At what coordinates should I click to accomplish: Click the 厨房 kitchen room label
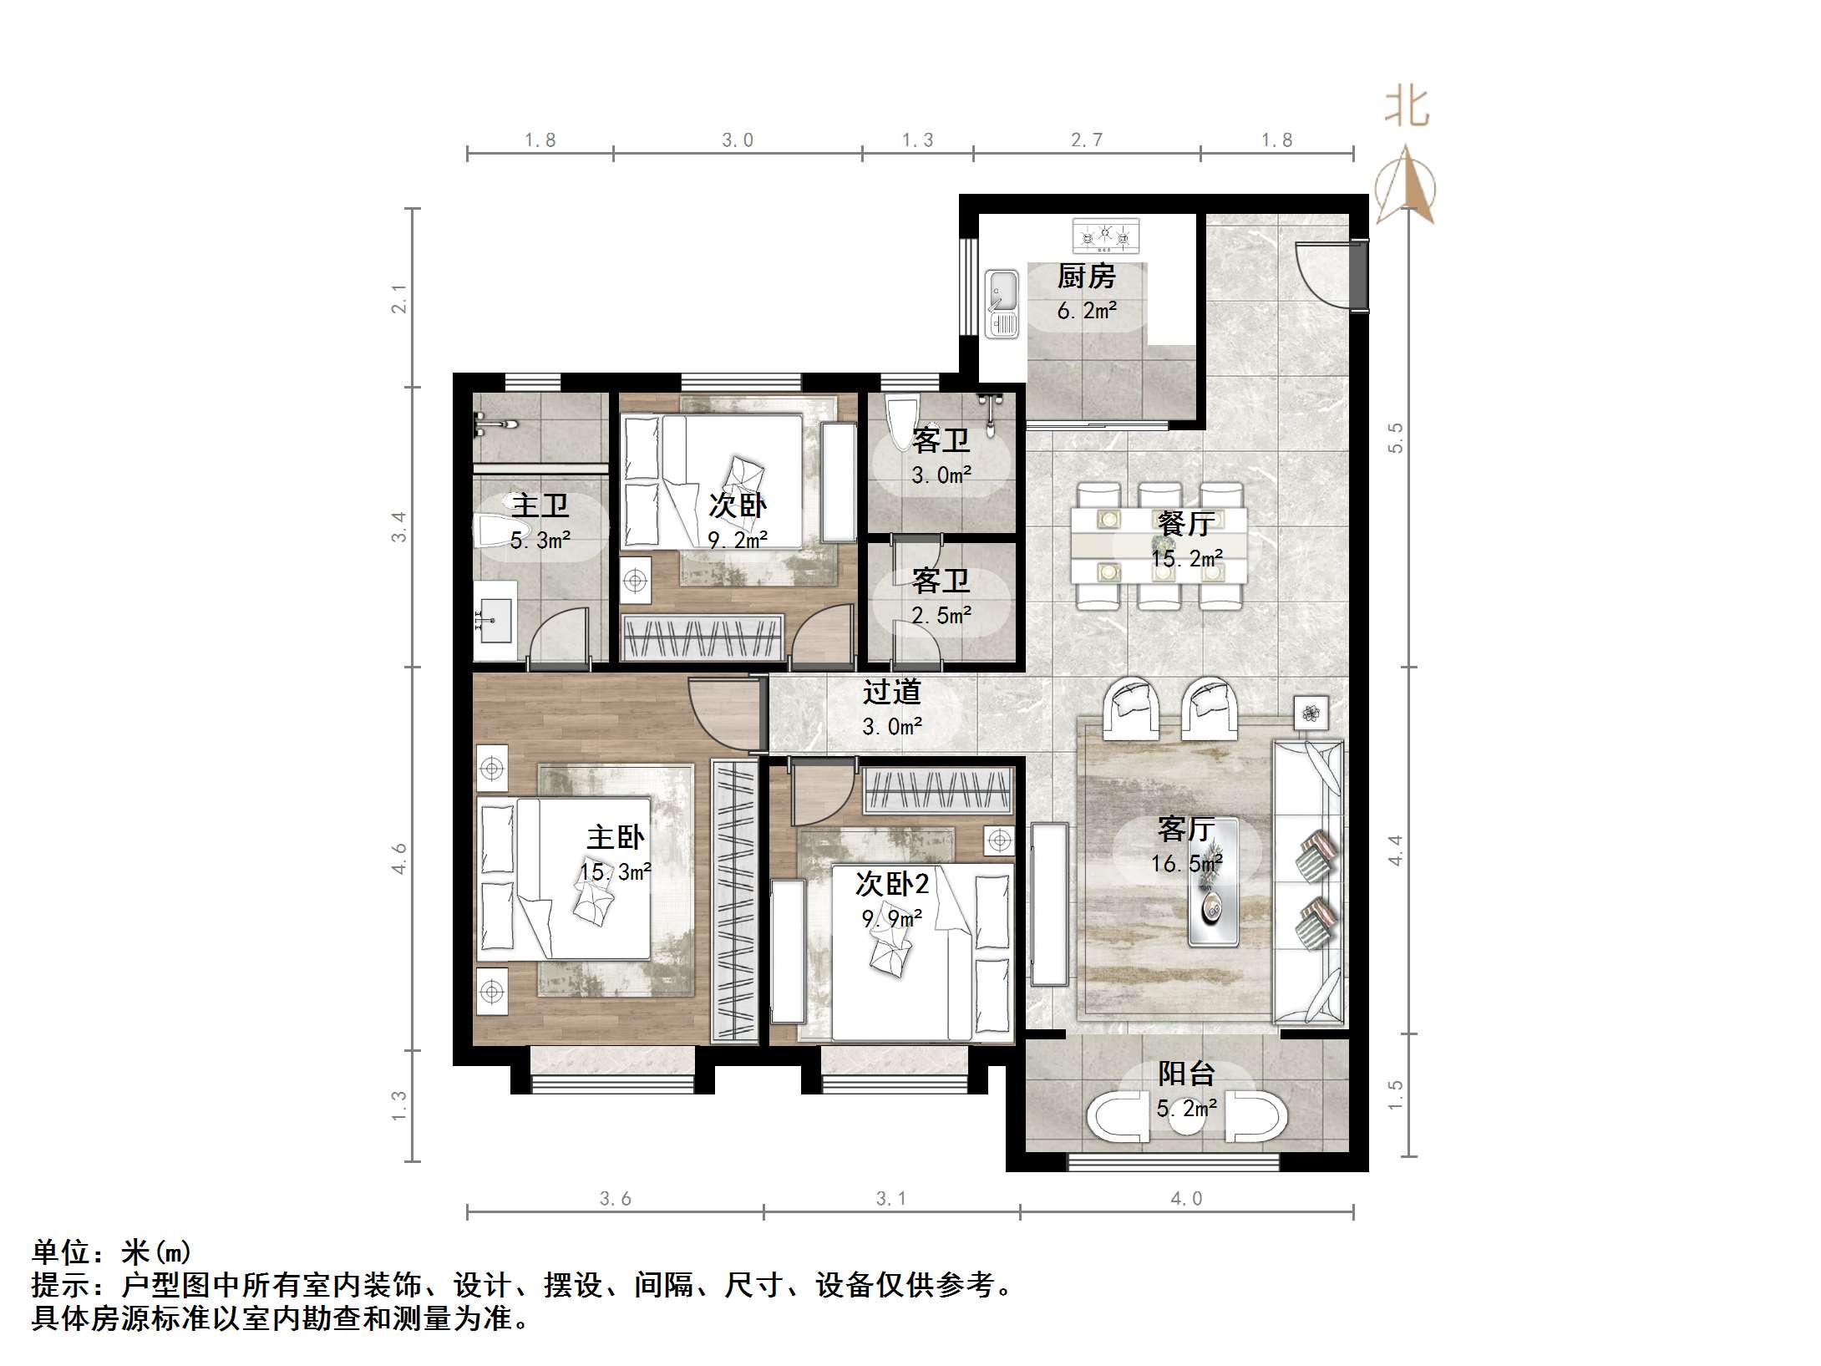(1086, 276)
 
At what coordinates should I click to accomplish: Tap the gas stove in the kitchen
(1106, 236)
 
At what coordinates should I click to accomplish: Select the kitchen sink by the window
(1002, 303)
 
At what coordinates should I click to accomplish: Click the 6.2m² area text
(1086, 311)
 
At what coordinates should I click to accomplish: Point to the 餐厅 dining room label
(1186, 524)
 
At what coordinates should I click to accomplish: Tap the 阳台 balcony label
(1186, 1074)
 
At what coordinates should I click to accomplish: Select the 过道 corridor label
(891, 692)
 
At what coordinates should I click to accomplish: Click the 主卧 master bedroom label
(616, 837)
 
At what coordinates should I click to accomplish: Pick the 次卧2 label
(891, 883)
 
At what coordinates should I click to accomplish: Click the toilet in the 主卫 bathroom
(493, 531)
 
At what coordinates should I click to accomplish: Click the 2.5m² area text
(941, 616)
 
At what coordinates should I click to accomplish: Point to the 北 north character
(1407, 109)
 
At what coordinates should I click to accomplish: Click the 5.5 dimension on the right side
(1396, 438)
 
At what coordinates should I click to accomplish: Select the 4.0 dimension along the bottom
(1186, 1199)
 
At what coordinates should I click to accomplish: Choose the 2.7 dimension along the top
(1086, 140)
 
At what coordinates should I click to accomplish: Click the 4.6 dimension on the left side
(399, 859)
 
